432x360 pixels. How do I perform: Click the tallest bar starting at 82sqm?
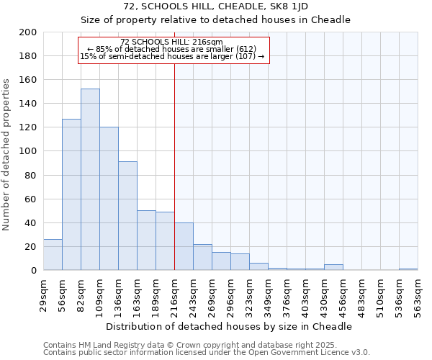point(90,180)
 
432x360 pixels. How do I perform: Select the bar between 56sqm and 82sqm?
point(71,194)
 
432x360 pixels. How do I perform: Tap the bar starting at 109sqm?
point(109,199)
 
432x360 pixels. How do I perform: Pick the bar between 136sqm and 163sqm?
point(127,216)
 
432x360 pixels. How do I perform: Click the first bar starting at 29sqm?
point(53,255)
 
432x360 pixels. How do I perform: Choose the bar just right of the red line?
point(184,247)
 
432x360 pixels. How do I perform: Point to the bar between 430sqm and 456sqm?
point(333,267)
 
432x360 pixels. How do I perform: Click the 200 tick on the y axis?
point(28,33)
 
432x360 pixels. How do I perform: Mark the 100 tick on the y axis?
point(28,152)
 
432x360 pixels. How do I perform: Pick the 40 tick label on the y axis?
point(31,223)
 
